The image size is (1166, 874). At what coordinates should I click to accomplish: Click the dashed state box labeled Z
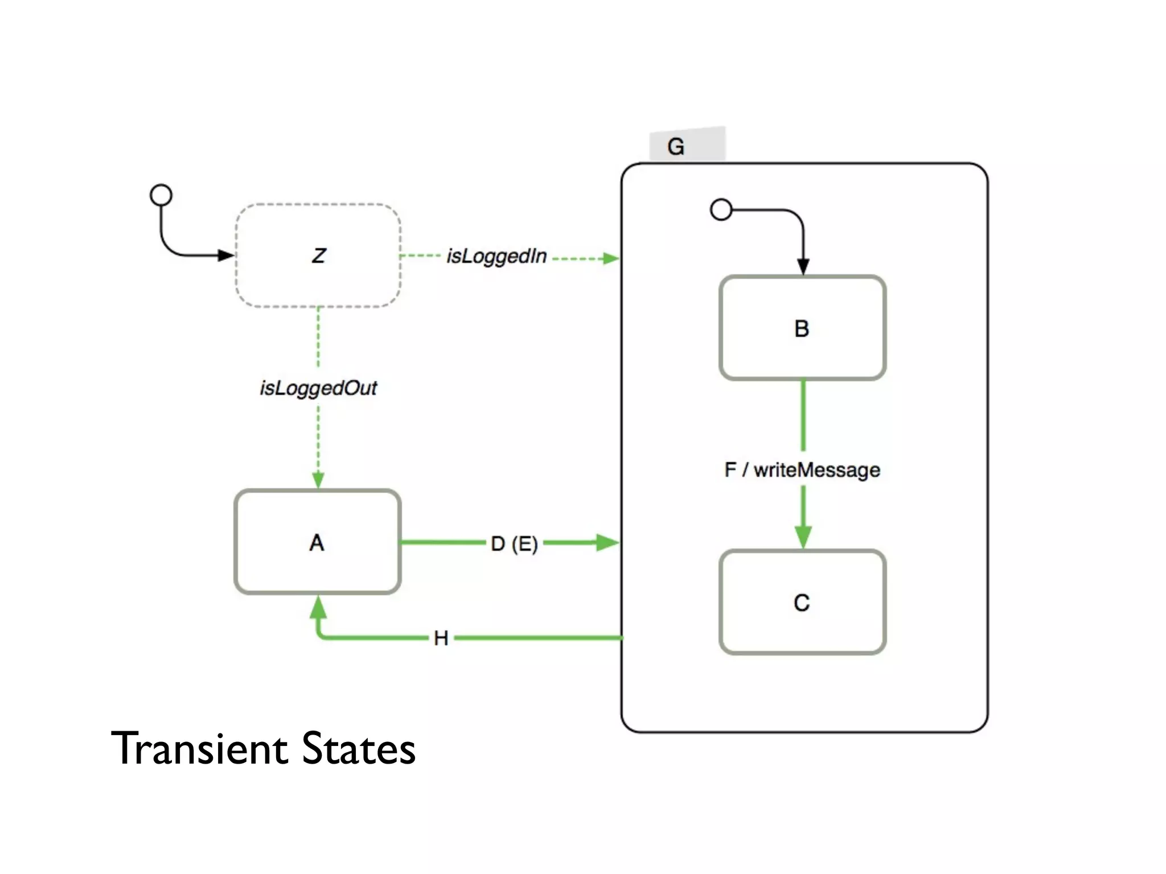(x=318, y=255)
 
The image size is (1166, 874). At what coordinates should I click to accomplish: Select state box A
(x=317, y=542)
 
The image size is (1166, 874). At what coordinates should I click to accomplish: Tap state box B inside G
(x=802, y=328)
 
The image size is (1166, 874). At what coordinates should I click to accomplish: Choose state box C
(x=802, y=602)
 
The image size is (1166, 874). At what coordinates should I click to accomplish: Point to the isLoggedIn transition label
(x=496, y=257)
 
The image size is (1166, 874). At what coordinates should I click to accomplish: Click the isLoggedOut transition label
(x=318, y=388)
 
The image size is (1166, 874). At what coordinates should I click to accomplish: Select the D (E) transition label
(x=514, y=543)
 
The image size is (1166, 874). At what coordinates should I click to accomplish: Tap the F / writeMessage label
(x=802, y=470)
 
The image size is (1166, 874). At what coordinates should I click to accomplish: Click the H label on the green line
(x=441, y=638)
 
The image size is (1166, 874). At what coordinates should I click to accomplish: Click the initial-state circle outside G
(x=161, y=195)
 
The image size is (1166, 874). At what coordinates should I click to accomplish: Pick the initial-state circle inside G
(x=721, y=209)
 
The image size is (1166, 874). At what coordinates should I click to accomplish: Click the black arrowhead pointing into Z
(x=226, y=255)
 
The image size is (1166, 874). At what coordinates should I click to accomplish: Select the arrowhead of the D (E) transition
(x=607, y=542)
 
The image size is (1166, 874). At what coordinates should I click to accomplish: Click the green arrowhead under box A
(x=318, y=608)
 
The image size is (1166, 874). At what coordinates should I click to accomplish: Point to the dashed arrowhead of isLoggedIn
(x=610, y=258)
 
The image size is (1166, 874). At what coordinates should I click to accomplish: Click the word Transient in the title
(x=199, y=748)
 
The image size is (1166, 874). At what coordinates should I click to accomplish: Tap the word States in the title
(x=359, y=748)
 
